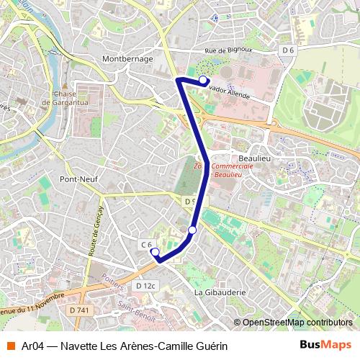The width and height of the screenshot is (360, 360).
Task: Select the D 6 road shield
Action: point(288,50)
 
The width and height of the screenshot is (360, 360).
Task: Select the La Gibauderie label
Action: point(220,292)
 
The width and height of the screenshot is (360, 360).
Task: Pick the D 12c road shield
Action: point(145,286)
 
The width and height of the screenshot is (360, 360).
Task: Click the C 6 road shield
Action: point(145,245)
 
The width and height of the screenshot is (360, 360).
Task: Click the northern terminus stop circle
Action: point(204,80)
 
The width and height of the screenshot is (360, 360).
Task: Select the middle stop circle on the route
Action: point(192,230)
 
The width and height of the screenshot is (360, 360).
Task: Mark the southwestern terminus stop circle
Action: point(154,251)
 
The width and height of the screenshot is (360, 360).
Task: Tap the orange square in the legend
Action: point(11,346)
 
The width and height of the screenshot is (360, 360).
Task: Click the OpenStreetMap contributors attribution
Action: point(294,323)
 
